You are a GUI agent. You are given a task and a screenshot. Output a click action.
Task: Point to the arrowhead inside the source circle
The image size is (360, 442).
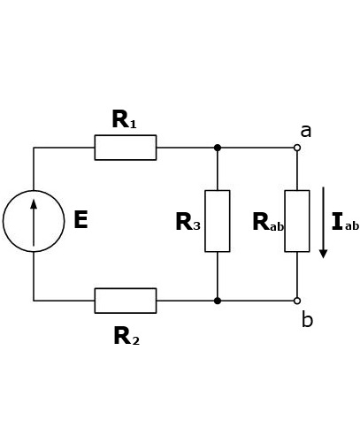point(34,204)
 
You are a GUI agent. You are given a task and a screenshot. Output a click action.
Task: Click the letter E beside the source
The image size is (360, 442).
point(80,219)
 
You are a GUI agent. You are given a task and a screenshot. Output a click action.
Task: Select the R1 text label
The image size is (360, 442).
point(124,119)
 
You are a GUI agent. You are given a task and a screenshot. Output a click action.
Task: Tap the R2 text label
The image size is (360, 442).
point(126,336)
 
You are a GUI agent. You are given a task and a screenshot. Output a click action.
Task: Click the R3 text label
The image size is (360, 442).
point(188,222)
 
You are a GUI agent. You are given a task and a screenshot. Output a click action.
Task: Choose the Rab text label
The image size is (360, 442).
point(268,222)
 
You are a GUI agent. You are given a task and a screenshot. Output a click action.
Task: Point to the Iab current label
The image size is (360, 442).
point(345,221)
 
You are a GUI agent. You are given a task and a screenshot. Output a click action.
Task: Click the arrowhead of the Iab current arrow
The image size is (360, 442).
point(324,254)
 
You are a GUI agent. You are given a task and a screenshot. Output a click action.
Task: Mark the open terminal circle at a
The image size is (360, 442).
point(297,148)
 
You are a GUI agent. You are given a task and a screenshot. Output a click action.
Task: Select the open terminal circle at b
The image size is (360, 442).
point(297,301)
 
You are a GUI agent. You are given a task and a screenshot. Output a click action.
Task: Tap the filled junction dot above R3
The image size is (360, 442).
point(218,148)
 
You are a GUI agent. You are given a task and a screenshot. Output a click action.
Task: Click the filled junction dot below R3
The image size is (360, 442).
point(218,301)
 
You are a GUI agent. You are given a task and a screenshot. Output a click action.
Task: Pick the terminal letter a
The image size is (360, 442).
point(306,132)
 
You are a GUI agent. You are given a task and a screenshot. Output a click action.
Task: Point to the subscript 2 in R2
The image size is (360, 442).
point(135,341)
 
